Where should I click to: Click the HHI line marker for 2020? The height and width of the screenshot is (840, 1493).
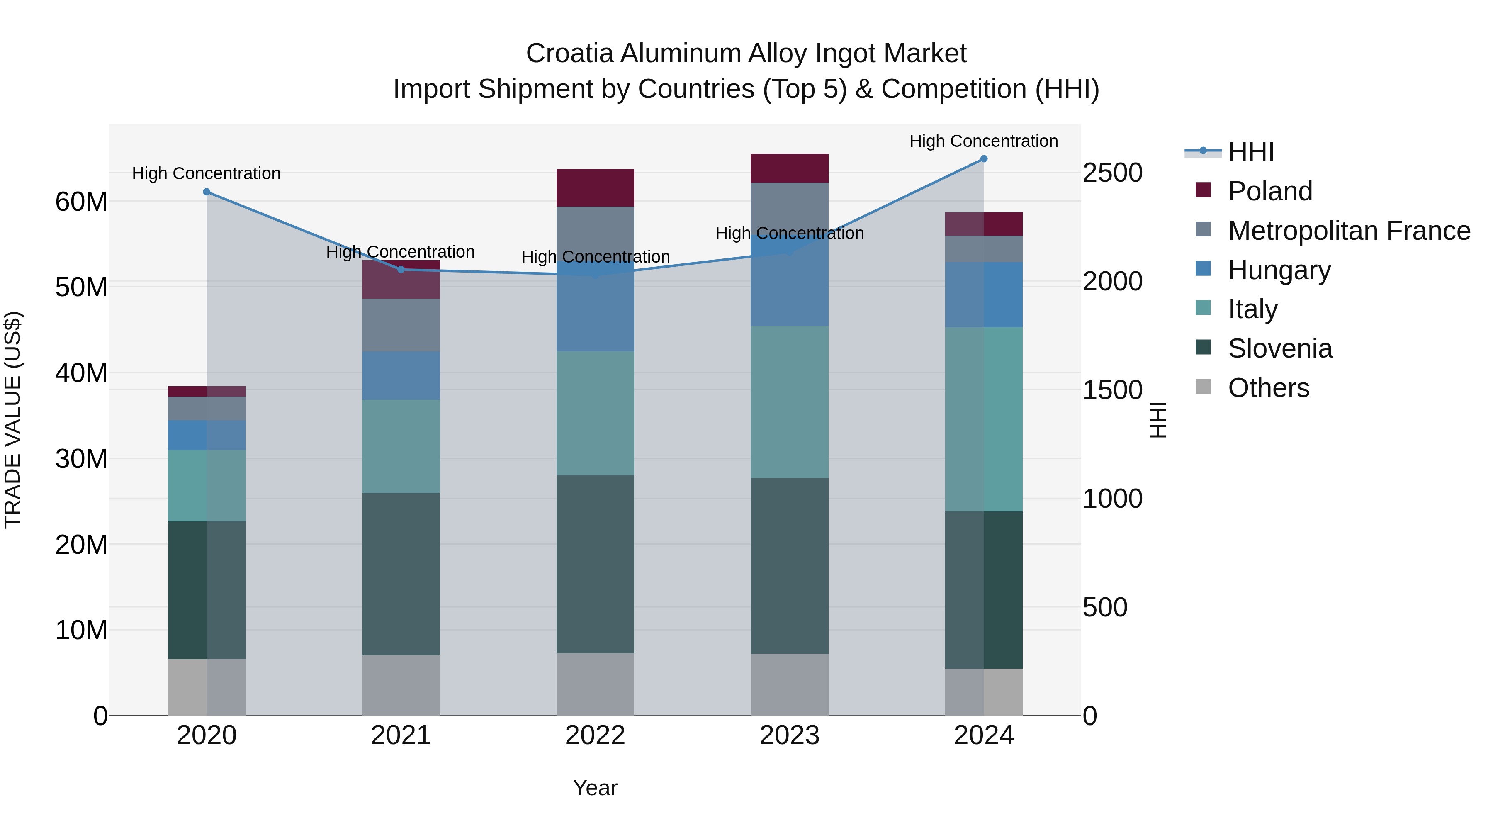click(x=207, y=192)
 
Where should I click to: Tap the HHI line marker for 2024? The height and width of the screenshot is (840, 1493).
click(x=984, y=159)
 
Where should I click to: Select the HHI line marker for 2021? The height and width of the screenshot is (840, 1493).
click(x=401, y=270)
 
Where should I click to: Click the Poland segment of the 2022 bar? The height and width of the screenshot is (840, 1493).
click(x=595, y=188)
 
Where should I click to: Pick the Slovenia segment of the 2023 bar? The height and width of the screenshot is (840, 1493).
click(x=789, y=565)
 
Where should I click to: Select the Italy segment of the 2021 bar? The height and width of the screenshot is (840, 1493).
click(x=401, y=446)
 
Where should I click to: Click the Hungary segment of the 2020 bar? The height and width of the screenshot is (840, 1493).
click(x=207, y=435)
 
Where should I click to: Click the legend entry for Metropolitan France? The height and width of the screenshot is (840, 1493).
click(x=1349, y=231)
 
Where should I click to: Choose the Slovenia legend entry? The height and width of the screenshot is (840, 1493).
click(x=1280, y=349)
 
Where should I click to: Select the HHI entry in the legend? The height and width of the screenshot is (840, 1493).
click(x=1251, y=152)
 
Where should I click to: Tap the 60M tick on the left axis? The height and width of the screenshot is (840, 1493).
click(x=81, y=202)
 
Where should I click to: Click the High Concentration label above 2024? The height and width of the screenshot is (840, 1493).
click(x=984, y=141)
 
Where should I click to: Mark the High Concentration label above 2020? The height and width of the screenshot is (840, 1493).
click(x=207, y=173)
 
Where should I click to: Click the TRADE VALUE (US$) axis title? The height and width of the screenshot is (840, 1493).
click(x=13, y=420)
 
